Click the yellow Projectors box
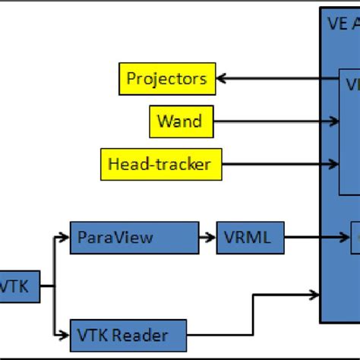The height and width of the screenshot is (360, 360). pyautogui.click(x=167, y=78)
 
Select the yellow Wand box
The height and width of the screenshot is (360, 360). pyautogui.click(x=180, y=120)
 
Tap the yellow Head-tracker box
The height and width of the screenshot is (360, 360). pyautogui.click(x=160, y=164)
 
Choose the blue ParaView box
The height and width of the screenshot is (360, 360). pyautogui.click(x=134, y=238)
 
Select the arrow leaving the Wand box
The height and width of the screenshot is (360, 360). pyautogui.click(x=273, y=120)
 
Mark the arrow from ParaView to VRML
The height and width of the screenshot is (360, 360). pyautogui.click(x=207, y=238)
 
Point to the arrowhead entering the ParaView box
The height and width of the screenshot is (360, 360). pyautogui.click(x=65, y=238)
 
